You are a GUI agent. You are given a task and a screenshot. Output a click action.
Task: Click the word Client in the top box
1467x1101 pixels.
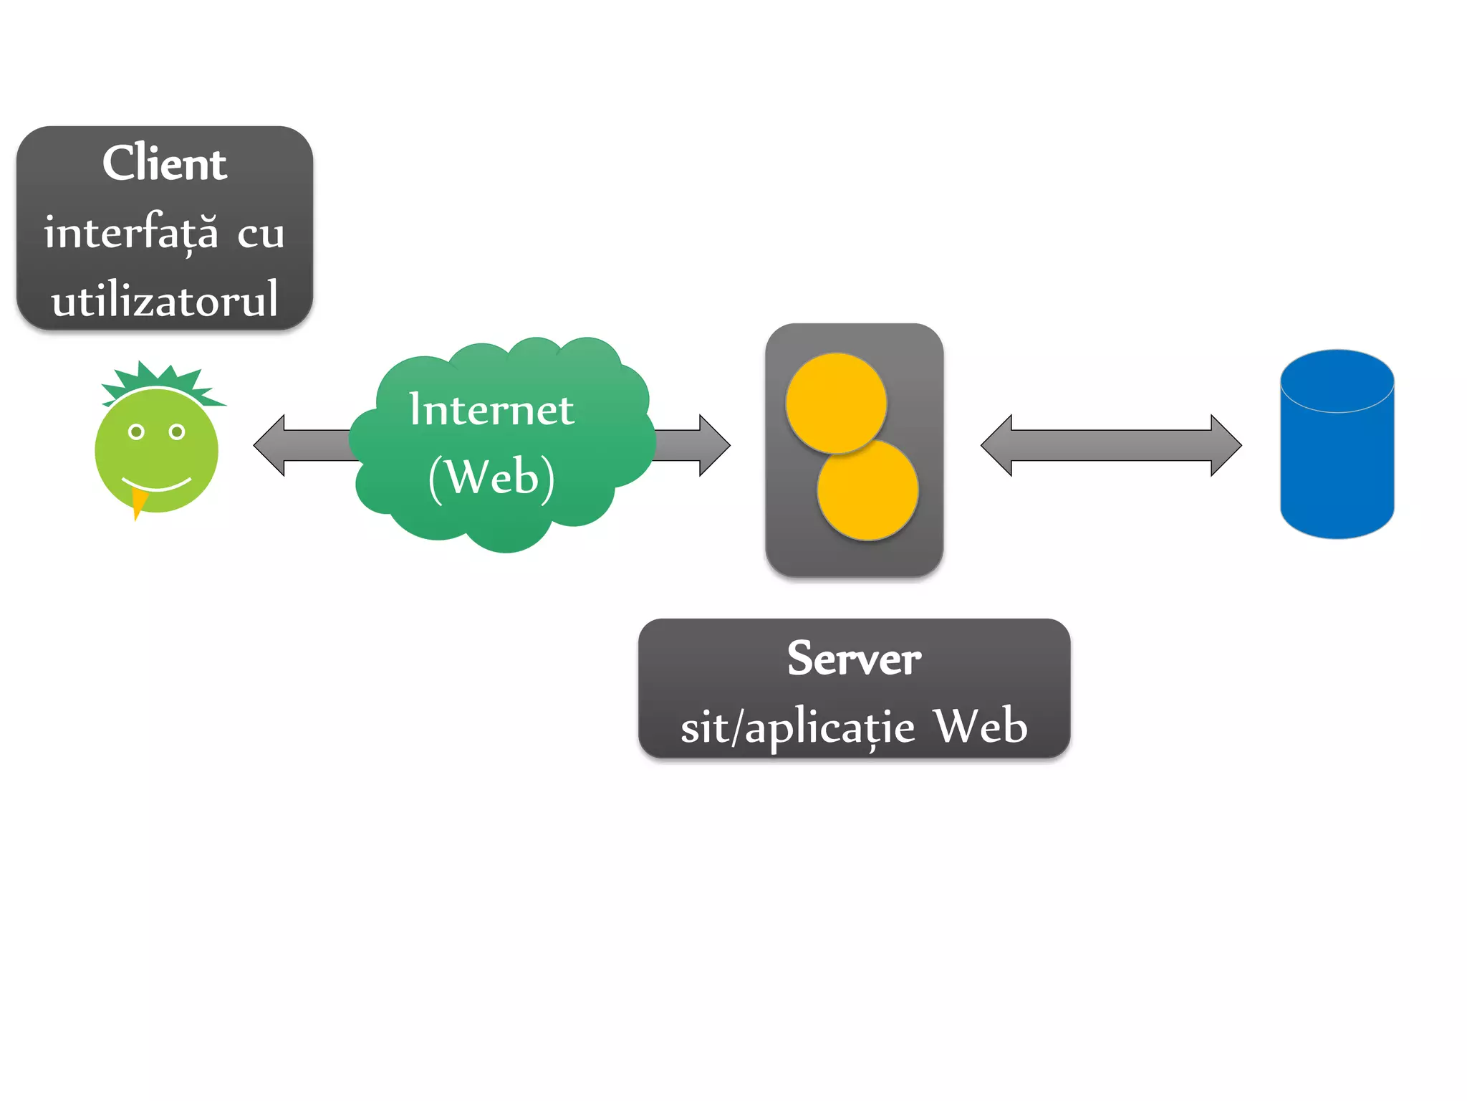point(164,163)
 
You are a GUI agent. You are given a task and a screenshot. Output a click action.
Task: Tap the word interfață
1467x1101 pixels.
point(131,232)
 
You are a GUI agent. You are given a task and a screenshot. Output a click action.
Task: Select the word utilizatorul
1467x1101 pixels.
point(164,300)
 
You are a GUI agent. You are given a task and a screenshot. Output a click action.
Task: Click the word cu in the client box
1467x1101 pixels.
point(261,234)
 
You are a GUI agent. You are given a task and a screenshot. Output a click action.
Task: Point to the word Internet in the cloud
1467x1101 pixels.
point(491,409)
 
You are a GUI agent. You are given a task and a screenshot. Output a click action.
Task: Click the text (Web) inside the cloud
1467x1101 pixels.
point(491,477)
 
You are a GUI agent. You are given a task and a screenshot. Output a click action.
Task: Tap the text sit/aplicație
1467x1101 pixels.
point(797,727)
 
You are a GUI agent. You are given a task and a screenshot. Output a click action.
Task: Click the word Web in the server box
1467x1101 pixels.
point(981,725)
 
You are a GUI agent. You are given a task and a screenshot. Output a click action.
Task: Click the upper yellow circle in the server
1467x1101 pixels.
point(836,402)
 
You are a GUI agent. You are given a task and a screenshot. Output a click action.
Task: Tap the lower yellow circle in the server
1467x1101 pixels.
point(868,491)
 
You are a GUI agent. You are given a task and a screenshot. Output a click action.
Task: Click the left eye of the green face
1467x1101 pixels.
point(136,432)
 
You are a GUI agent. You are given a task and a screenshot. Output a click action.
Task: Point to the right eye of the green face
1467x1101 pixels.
point(177,432)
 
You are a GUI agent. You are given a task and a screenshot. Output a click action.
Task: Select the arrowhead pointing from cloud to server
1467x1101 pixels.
point(714,445)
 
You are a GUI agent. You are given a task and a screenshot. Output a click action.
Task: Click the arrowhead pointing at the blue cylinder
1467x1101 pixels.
point(1226,445)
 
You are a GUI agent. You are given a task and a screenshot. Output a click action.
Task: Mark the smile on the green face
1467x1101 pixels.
point(157,485)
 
